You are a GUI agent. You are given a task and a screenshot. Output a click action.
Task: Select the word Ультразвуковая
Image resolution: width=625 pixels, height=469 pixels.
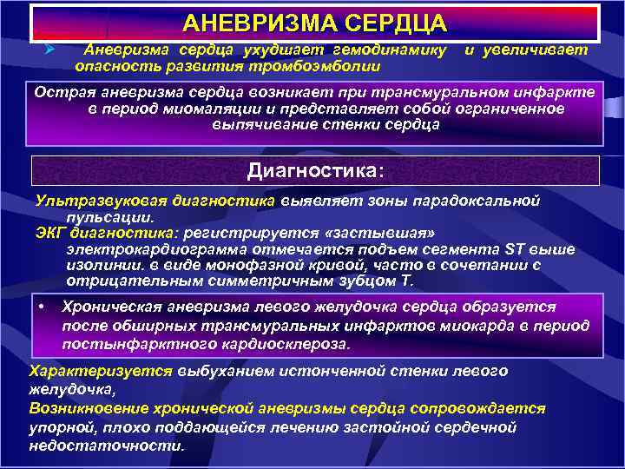click(x=90, y=201)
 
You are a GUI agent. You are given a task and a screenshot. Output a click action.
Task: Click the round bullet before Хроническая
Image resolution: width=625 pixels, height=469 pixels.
click(x=43, y=307)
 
